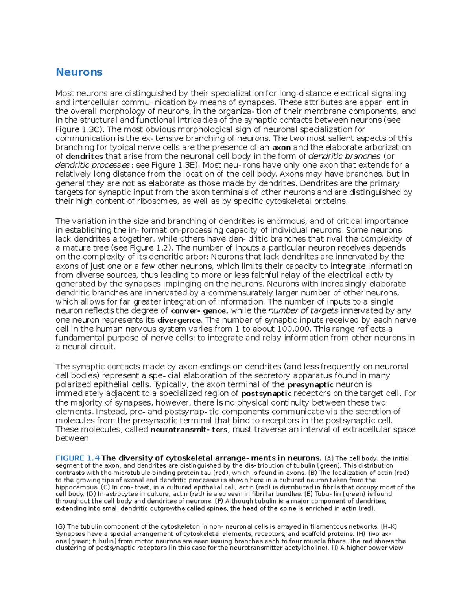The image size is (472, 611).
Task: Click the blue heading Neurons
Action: (x=79, y=72)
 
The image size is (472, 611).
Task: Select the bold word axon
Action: (x=282, y=148)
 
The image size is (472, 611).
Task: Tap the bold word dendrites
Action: (x=84, y=157)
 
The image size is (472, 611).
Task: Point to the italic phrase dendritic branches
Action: (x=345, y=156)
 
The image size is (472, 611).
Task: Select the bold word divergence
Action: (x=179, y=320)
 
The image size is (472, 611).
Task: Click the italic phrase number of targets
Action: (x=303, y=311)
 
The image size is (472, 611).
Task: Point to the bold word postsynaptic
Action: (x=266, y=394)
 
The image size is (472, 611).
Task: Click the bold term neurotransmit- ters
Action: (x=189, y=430)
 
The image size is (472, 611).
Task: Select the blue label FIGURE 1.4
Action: (x=77, y=458)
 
